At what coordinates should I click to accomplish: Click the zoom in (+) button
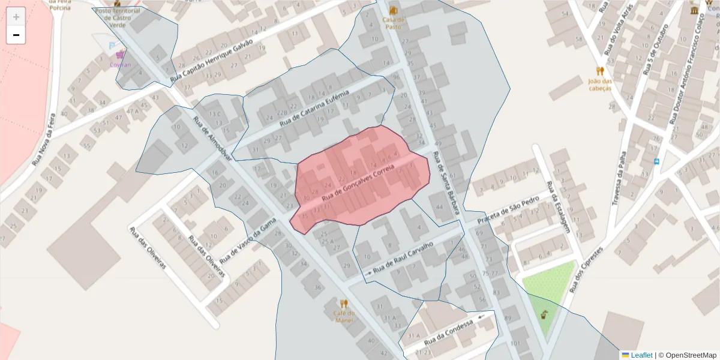[16, 17]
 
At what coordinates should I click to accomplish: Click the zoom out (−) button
[16, 35]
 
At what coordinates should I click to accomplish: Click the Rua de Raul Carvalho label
[403, 262]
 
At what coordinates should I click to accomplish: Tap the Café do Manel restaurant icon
[344, 304]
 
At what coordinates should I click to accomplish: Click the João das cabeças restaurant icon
[599, 71]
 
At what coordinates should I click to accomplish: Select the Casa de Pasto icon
[394, 11]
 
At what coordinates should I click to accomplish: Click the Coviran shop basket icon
[121, 55]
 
